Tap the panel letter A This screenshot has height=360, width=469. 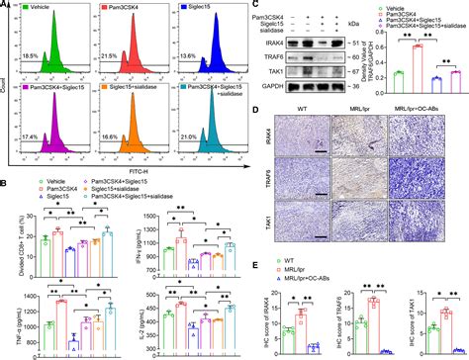6,6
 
